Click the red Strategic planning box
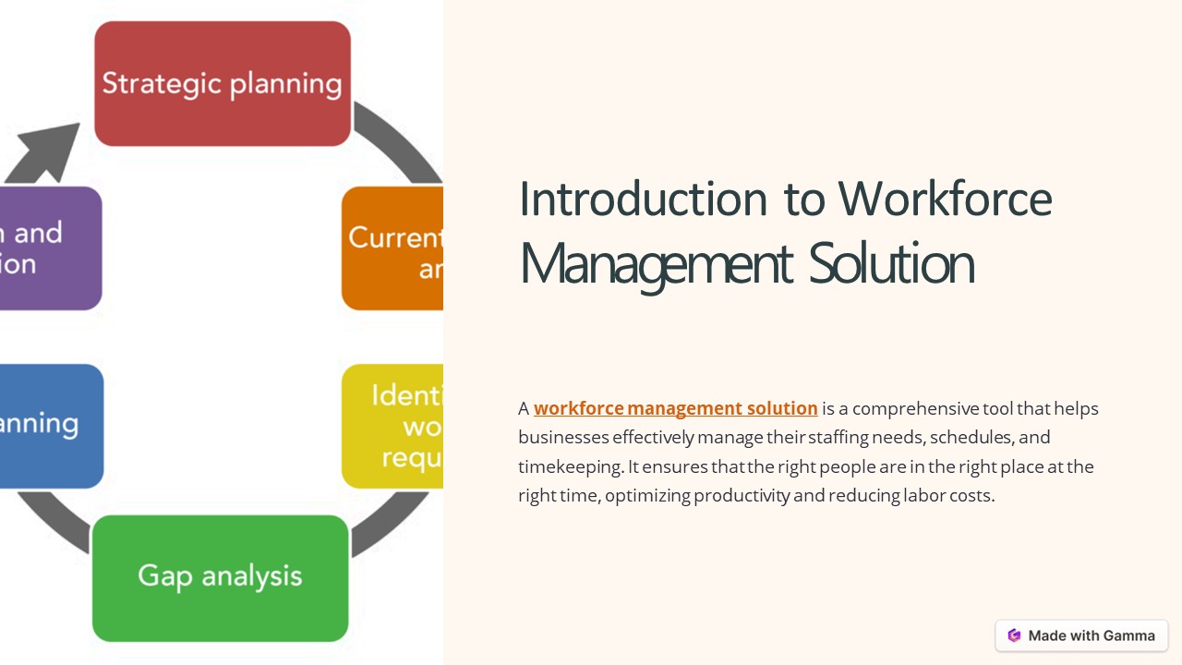coord(223,83)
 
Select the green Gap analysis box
coord(221,577)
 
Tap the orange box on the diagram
coord(393,248)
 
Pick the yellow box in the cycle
coord(393,426)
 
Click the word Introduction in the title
coord(644,199)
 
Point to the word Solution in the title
coord(891,263)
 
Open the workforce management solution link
coord(675,408)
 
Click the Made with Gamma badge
coord(1081,635)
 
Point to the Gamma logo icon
coord(1014,635)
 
